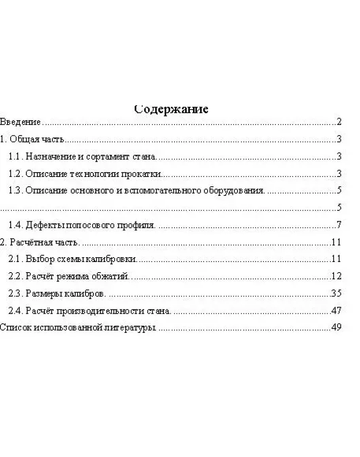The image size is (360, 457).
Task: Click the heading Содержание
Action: [x=171, y=109]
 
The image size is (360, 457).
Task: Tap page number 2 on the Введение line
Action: [x=339, y=122]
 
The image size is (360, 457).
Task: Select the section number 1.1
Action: [x=15, y=157]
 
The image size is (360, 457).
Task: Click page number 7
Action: [x=339, y=226]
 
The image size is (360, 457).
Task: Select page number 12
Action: [x=337, y=276]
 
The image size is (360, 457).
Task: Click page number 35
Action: [x=337, y=294]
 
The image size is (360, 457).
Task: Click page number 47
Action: [x=337, y=311]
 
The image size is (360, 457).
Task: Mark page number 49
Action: [x=337, y=328]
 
